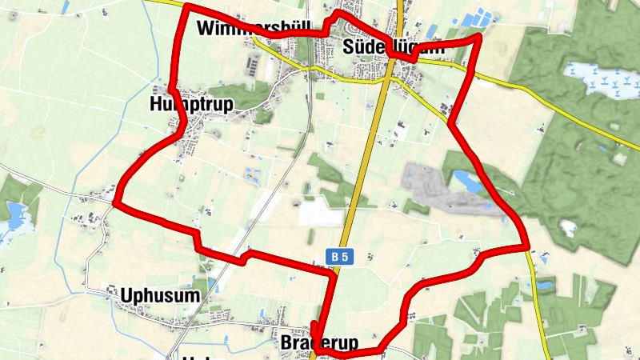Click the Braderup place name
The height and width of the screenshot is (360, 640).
click(318, 343)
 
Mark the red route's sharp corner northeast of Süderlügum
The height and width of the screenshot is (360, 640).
click(478, 37)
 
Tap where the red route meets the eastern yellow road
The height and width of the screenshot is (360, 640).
click(528, 247)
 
